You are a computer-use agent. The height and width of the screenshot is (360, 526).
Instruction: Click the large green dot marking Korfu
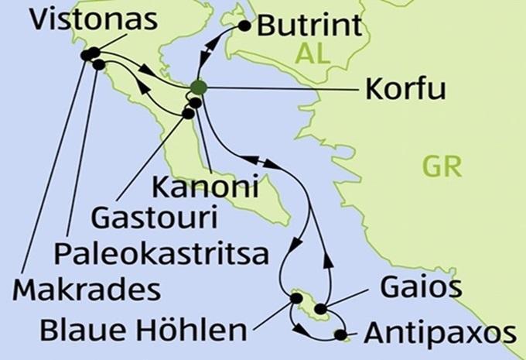tap(199, 87)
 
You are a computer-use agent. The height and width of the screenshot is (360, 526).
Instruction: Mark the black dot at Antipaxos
tap(339, 334)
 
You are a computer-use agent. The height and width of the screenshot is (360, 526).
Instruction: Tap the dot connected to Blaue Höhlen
tap(295, 297)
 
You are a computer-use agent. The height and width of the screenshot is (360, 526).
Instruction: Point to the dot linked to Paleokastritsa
tap(99, 65)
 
